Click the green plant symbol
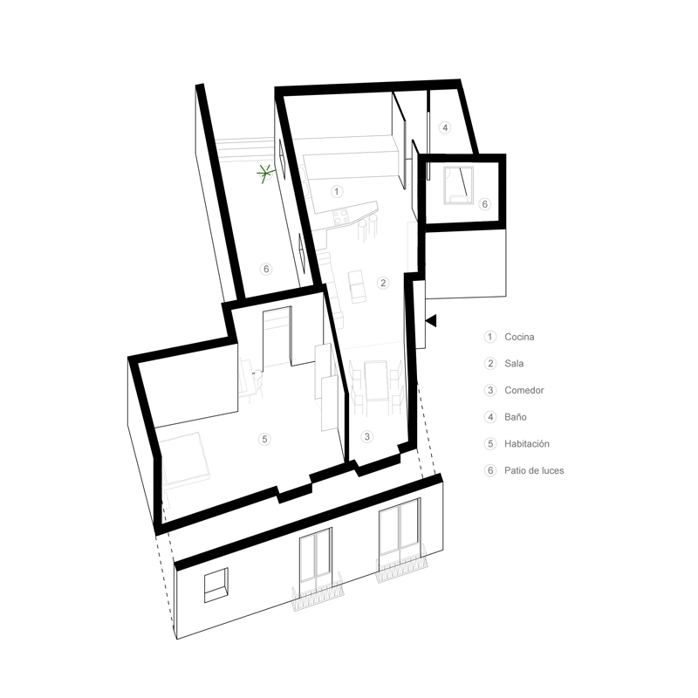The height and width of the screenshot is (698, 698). tap(266, 173)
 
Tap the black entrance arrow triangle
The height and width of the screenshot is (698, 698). tap(431, 321)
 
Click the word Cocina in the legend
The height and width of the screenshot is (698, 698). tap(519, 337)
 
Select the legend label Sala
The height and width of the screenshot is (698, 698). tap(514, 363)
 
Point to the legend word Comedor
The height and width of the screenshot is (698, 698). tap(523, 390)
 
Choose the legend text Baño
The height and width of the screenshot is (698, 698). tap(515, 417)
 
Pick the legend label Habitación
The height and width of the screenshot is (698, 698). tap(526, 444)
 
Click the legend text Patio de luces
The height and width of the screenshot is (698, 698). tap(533, 470)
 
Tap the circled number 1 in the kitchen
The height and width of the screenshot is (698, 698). tap(338, 190)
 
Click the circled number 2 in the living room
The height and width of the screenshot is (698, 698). tap(382, 282)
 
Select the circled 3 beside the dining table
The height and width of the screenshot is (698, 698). tap(366, 435)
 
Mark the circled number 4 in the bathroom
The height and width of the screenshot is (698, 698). tap(444, 128)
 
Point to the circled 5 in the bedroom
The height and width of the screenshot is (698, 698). tap(265, 440)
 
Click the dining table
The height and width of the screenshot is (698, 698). tap(376, 384)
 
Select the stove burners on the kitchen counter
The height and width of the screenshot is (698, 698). tap(339, 214)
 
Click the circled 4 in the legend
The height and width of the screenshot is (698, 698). tap(489, 417)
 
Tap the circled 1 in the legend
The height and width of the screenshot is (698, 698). tap(489, 337)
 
